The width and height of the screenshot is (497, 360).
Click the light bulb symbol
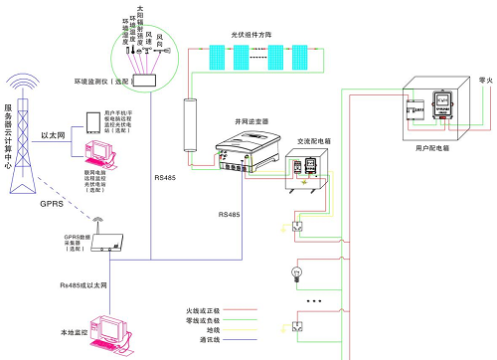295,270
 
